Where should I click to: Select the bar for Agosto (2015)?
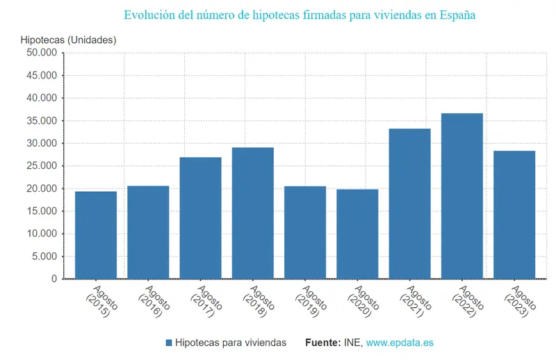coord(96,235)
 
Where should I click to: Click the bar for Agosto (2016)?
coord(148,232)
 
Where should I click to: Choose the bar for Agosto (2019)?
coord(305,232)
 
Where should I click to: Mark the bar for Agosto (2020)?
coord(357,234)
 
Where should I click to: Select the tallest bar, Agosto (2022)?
coord(462,196)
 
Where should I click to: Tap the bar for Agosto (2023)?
coord(514,215)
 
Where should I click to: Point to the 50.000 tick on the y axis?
coord(42,53)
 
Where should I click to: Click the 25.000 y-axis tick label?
coord(42,166)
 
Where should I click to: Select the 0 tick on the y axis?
coord(54,279)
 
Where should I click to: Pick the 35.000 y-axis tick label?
coord(42,121)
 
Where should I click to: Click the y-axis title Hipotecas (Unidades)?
coord(68,40)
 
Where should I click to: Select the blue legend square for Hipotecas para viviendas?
coord(169,343)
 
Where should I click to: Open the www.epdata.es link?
coord(400,343)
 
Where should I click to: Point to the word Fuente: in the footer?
coord(322,343)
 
